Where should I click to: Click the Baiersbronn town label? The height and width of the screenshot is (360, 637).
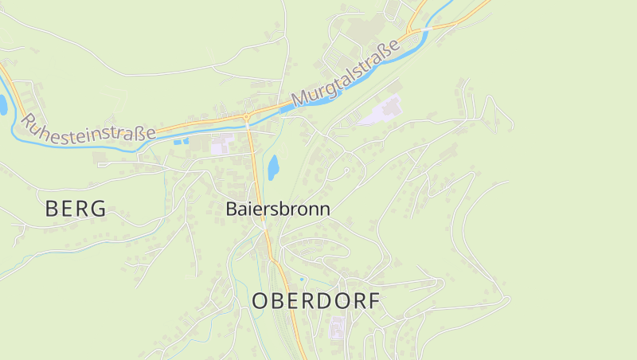[x=277, y=209]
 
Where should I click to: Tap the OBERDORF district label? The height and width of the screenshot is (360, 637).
[x=316, y=302]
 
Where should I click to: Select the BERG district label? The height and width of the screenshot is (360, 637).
[x=76, y=209]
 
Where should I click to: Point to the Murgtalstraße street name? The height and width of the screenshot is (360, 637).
[x=346, y=76]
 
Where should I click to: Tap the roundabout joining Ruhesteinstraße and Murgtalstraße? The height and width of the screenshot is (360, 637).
[x=247, y=118]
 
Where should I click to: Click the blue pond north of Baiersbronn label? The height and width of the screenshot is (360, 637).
[x=273, y=166]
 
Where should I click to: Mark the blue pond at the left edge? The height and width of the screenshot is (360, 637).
[x=2, y=104]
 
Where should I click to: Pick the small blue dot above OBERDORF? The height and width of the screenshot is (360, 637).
[x=301, y=279]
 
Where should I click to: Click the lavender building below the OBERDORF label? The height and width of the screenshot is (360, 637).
[x=337, y=327]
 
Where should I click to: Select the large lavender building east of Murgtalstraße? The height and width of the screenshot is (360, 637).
[x=383, y=111]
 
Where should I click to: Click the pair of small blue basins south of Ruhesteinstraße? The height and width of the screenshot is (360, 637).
[x=181, y=141]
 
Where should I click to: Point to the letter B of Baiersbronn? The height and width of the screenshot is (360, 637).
[x=232, y=209]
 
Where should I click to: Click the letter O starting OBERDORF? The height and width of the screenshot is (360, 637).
[x=260, y=302]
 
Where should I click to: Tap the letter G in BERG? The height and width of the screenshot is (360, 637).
[x=97, y=209]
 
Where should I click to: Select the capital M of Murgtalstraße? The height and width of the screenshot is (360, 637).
[x=300, y=100]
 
